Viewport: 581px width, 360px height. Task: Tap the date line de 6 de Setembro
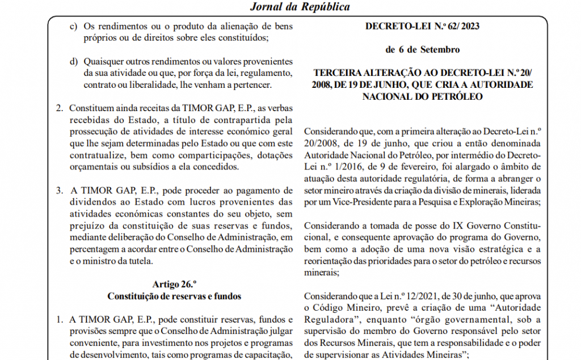[422, 49]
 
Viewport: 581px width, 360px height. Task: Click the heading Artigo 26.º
[174, 283]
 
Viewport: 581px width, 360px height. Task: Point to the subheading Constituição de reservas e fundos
[174, 295]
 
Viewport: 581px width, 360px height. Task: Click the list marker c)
[73, 26]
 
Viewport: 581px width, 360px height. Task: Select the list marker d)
[73, 61]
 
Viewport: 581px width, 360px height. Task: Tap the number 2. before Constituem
[60, 108]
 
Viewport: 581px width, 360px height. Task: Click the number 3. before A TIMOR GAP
[60, 189]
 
